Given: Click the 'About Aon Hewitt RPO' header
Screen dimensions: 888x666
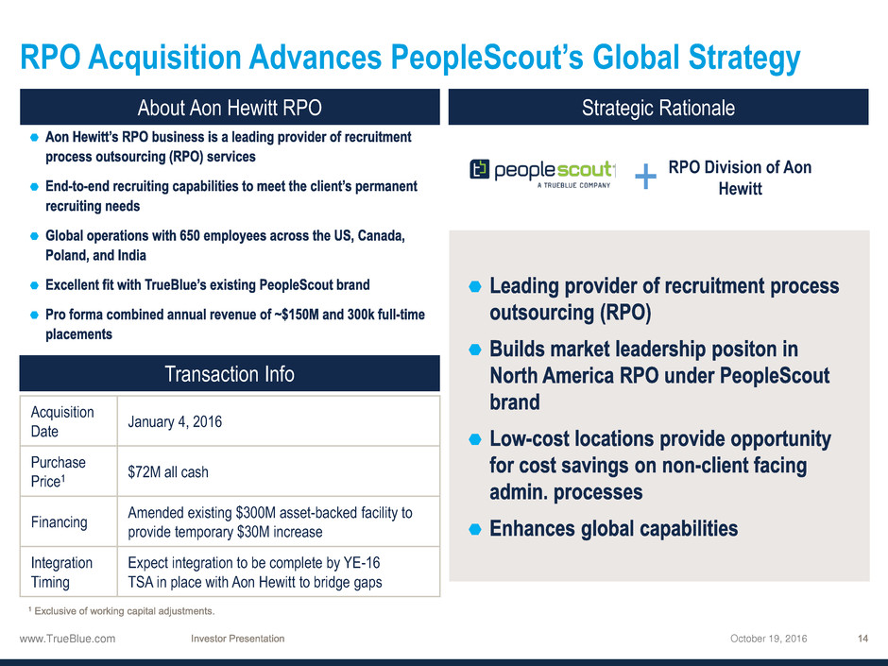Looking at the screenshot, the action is (x=230, y=107).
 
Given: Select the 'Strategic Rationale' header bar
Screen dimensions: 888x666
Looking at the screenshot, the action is (x=658, y=107).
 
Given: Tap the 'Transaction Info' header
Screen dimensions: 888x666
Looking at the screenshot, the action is (x=230, y=374).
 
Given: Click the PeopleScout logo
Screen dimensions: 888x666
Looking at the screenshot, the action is (x=542, y=173).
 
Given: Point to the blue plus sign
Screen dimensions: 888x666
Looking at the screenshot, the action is (x=645, y=176).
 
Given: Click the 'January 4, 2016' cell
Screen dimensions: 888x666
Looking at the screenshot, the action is (x=175, y=422).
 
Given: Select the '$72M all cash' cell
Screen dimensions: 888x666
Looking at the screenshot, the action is (x=168, y=471).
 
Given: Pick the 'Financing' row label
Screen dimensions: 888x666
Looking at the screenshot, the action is (x=59, y=521).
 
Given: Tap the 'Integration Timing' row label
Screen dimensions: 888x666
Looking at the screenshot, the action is (x=61, y=572).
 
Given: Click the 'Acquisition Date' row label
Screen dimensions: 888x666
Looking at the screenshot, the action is (x=62, y=421).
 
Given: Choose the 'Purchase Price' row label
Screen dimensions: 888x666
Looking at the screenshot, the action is (x=58, y=471).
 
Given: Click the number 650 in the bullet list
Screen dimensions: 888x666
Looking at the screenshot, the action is (x=190, y=235).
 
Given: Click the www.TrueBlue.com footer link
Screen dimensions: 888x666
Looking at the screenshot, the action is (x=67, y=639).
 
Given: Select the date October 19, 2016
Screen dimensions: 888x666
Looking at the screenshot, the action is (x=769, y=639).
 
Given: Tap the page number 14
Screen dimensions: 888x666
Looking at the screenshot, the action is (x=862, y=639).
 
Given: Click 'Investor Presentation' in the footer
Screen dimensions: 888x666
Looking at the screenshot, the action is (x=238, y=639).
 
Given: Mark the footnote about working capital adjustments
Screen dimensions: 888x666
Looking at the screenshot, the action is (x=121, y=611).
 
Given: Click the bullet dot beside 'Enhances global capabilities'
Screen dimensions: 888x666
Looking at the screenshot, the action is (x=475, y=530).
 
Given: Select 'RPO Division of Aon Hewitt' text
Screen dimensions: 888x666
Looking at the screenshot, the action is (x=740, y=178).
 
